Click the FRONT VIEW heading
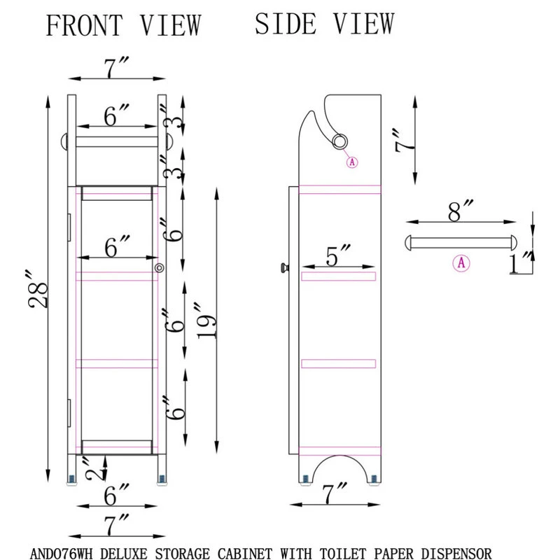tap(123, 25)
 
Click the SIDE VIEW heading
tap(324, 23)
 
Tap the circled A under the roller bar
tap(461, 263)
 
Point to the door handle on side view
tap(283, 267)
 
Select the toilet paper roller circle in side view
tap(340, 141)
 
